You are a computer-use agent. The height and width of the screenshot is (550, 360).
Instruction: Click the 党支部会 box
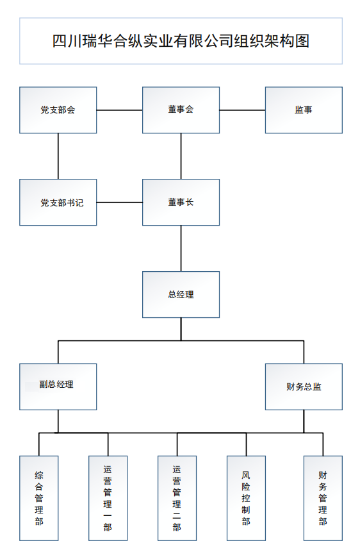(58, 110)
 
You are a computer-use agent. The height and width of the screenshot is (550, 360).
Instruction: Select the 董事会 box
(181, 110)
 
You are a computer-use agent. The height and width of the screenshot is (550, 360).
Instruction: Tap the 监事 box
(304, 110)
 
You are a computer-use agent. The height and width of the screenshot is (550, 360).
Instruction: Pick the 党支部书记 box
(58, 203)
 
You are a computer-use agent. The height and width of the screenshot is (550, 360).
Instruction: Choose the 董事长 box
(181, 203)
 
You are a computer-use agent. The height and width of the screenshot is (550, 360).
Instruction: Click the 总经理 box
(181, 295)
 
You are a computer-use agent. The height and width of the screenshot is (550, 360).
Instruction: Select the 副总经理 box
(58, 387)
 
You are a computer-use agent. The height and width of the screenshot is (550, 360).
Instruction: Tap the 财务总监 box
(304, 387)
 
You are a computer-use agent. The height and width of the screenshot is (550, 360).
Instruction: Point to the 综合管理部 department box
(39, 498)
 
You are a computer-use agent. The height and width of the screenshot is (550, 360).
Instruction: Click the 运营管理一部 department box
(108, 498)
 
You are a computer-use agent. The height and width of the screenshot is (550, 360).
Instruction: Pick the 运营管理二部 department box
(177, 498)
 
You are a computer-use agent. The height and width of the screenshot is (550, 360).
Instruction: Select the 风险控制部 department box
(246, 498)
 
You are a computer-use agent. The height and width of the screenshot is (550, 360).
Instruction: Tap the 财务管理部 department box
(323, 498)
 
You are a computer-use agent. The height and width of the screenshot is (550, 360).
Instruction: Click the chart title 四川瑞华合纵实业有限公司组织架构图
(181, 41)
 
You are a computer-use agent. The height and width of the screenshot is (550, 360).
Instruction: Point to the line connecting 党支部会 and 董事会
(120, 110)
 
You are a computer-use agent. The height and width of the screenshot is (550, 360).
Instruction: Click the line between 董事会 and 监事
(242, 110)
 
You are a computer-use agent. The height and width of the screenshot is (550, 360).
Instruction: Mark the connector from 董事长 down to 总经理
(181, 248)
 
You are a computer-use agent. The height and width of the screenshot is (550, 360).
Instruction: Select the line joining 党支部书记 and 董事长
(120, 203)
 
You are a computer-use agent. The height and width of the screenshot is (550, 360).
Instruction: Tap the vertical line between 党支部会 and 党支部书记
(58, 156)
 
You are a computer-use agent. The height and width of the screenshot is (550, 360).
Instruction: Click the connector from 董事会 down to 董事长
(181, 156)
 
